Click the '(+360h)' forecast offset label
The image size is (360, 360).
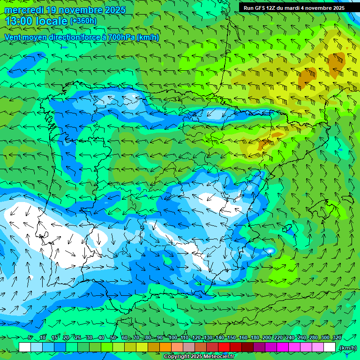point(83,21)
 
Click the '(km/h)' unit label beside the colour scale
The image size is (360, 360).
point(347,348)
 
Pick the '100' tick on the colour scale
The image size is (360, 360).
point(172,337)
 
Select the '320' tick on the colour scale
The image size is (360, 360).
point(337,337)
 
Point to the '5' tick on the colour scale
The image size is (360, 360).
point(30,337)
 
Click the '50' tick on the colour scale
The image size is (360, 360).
point(113,337)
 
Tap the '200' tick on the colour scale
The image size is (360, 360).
point(266,337)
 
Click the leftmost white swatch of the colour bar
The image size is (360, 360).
point(25,347)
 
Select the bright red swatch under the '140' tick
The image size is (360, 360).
point(224,347)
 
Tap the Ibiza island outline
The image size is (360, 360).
point(287,229)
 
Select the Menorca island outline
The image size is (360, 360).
point(347,199)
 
